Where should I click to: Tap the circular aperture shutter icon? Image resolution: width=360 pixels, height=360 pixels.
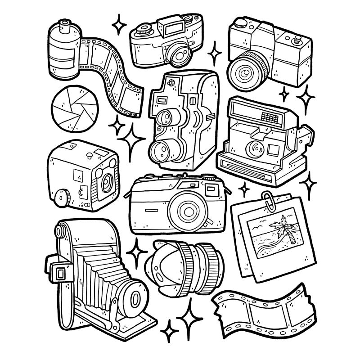click(75, 106)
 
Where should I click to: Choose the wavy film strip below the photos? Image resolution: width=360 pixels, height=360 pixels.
click(263, 310)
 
